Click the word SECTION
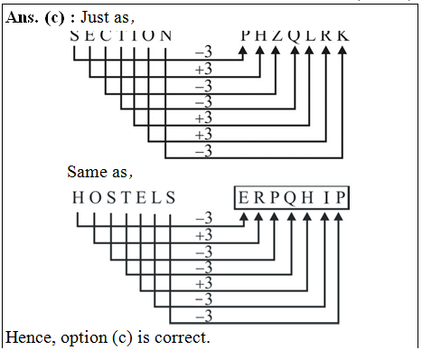tap(121, 35)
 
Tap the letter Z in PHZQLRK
tap(276, 35)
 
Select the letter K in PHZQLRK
tap(342, 35)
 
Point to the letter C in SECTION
tap(106, 35)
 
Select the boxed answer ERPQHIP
tap(292, 198)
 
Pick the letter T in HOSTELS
tap(120, 198)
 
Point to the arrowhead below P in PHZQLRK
tap(243, 51)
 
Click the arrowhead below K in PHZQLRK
tap(342, 51)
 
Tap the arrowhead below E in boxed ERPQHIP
tap(244, 216)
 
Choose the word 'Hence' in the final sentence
tap(28, 338)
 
